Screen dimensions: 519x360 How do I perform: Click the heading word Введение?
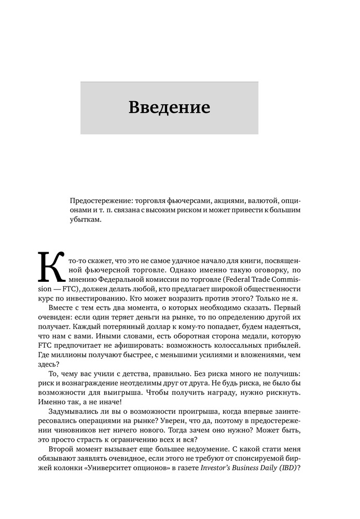[169, 108]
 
